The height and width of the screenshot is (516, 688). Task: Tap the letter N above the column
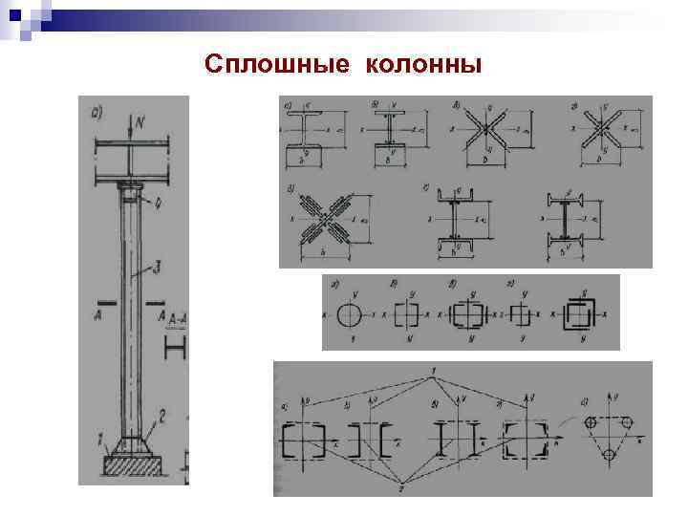[140, 122]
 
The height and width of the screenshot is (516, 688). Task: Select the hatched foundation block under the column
[132, 468]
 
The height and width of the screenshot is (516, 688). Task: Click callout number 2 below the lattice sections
[401, 488]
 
